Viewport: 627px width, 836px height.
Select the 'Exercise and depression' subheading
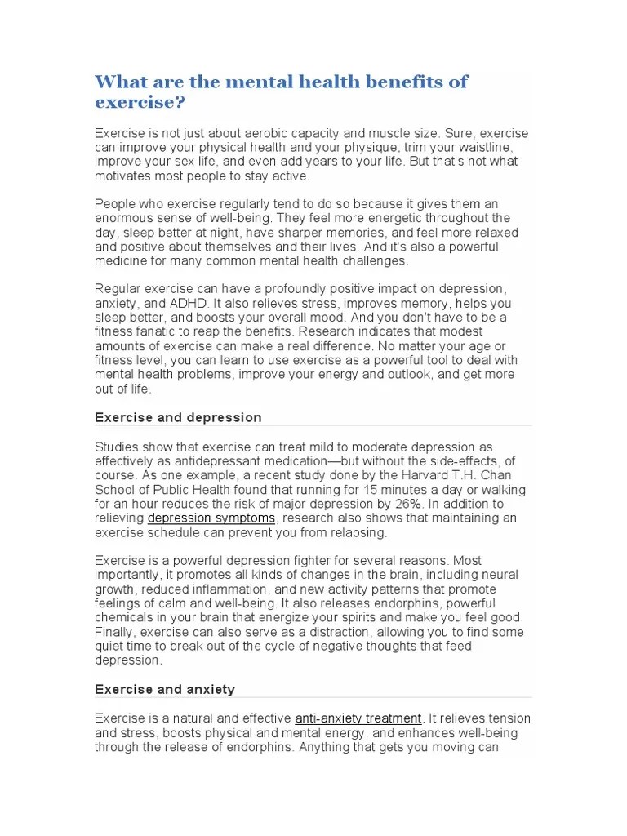(x=178, y=417)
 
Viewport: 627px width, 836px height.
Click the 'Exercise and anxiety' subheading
(x=165, y=689)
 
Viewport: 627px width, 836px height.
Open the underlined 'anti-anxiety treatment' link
(x=358, y=718)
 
